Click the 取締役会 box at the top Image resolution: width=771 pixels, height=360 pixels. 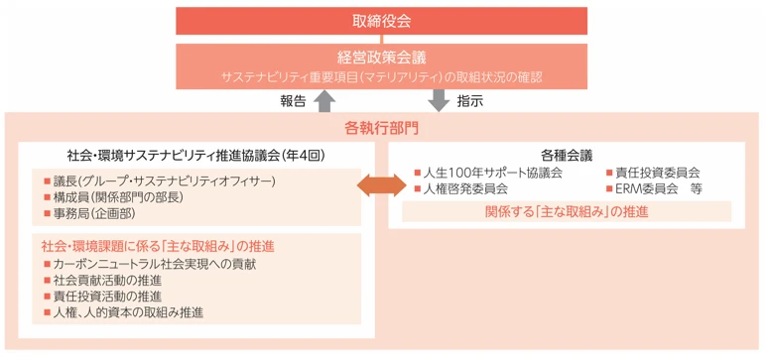(381, 20)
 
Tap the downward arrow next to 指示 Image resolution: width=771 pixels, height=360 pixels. (440, 100)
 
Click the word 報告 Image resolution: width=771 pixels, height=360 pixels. (295, 101)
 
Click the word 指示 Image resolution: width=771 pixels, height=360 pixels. (469, 101)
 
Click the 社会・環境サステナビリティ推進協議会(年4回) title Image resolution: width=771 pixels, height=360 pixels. (196, 156)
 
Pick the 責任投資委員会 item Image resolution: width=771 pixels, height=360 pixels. (658, 172)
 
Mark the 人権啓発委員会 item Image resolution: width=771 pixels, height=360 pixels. (465, 187)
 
